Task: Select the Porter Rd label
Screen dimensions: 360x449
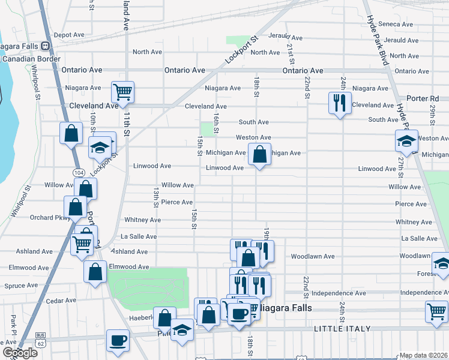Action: pos(426,98)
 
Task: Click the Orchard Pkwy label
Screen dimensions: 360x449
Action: pos(46,218)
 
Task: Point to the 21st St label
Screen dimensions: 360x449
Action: pos(290,53)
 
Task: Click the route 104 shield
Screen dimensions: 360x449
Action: pos(78,172)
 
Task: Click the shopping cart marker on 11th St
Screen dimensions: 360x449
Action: pos(122,92)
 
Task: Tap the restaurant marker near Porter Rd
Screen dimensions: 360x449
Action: pos(340,103)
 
